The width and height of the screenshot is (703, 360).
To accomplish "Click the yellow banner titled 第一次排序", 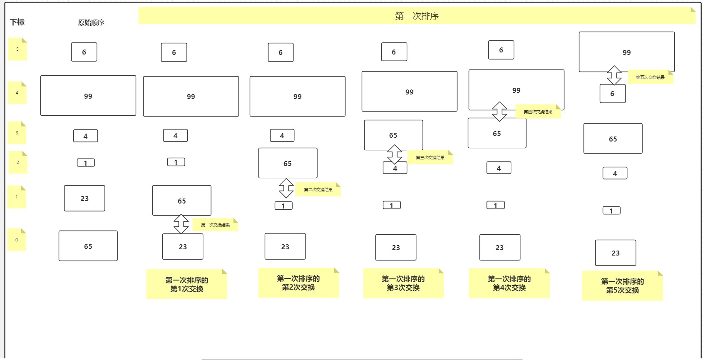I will click(x=417, y=16).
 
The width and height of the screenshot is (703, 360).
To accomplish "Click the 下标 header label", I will click(x=17, y=22).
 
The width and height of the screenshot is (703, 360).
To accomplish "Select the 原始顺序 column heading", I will click(x=91, y=22).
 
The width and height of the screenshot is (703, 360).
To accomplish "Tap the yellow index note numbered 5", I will click(x=17, y=49).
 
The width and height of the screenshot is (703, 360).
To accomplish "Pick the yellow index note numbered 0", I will click(x=17, y=240).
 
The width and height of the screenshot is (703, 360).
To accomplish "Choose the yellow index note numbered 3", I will click(x=17, y=133).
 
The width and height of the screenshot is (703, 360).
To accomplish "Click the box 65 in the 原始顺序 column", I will click(x=88, y=246).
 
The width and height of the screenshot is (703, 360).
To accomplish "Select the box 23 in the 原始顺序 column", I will click(x=84, y=199).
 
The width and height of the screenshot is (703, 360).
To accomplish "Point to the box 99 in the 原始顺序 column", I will click(x=88, y=96).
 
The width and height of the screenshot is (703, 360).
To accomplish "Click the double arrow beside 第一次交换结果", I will click(x=181, y=224).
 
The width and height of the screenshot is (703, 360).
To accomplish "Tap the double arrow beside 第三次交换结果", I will click(x=395, y=154).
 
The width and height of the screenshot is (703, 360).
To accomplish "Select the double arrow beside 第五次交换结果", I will click(x=614, y=75).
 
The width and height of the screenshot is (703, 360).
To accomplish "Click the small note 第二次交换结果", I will click(x=318, y=190).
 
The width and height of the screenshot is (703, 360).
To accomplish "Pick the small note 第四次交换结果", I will click(x=538, y=112).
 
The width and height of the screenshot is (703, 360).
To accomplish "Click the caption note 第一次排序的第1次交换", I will click(x=186, y=284).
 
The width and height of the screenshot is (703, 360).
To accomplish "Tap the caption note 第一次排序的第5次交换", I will click(x=622, y=286).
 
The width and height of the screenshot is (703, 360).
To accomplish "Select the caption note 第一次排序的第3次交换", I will click(x=403, y=283).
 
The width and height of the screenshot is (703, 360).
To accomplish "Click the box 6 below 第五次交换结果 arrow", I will click(x=612, y=94).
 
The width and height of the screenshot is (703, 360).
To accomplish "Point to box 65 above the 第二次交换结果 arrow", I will click(x=288, y=163).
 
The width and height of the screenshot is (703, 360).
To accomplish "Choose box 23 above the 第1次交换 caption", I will click(x=183, y=246).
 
